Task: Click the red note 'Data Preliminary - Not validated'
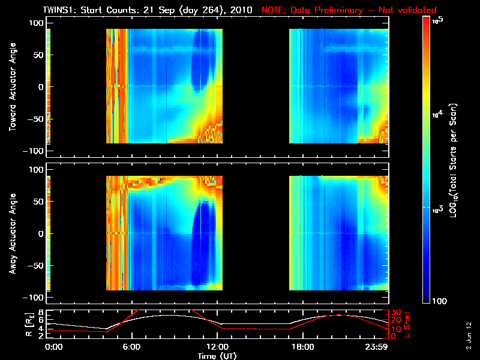(349, 10)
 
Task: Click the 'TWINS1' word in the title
(59, 10)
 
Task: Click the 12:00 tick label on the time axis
(217, 347)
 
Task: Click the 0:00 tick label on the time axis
(54, 347)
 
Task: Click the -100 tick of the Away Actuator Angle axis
(34, 298)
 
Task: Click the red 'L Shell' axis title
(409, 324)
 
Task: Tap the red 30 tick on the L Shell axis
(396, 313)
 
